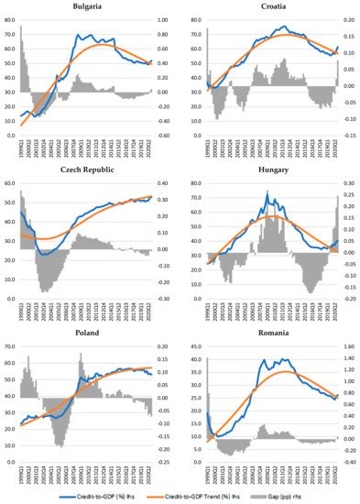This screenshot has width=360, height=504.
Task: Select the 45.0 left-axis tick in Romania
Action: pyautogui.click(x=194, y=346)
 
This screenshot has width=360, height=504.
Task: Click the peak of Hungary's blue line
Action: pyautogui.click(x=267, y=192)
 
